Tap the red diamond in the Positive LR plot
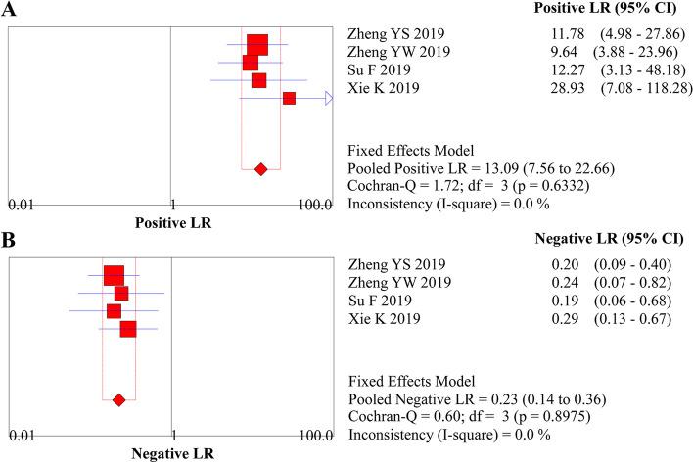260,169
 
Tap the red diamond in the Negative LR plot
119,399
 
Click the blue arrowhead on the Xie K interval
328,98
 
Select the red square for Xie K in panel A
289,98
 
